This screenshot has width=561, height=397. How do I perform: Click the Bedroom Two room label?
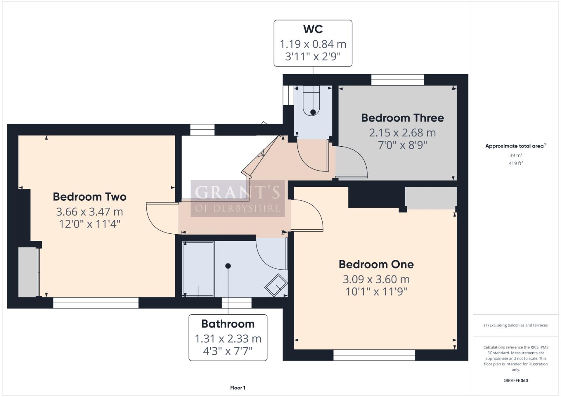[90, 197]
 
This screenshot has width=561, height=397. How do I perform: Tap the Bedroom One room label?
[376, 264]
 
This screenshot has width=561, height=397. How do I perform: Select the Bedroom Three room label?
[402, 118]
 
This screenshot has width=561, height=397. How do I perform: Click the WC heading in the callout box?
[313, 29]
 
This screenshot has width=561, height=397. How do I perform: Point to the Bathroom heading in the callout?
[228, 324]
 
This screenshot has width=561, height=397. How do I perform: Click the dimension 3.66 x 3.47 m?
[90, 212]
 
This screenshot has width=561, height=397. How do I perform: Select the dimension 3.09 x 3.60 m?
[376, 279]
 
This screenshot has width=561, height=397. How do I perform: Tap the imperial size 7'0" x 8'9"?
[402, 145]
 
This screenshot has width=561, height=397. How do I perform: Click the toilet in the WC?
[313, 101]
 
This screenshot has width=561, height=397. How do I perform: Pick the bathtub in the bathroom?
[198, 269]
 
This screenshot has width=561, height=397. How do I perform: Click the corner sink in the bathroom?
[276, 285]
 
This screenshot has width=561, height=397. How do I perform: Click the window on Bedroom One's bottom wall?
[374, 355]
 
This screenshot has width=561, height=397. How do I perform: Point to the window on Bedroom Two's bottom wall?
[96, 303]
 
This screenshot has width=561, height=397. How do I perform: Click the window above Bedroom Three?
[398, 80]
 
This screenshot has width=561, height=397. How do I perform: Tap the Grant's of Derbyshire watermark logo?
[237, 198]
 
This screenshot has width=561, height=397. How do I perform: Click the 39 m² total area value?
[515, 155]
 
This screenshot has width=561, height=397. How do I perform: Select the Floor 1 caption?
[238, 388]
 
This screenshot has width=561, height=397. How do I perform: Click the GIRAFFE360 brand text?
[515, 380]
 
